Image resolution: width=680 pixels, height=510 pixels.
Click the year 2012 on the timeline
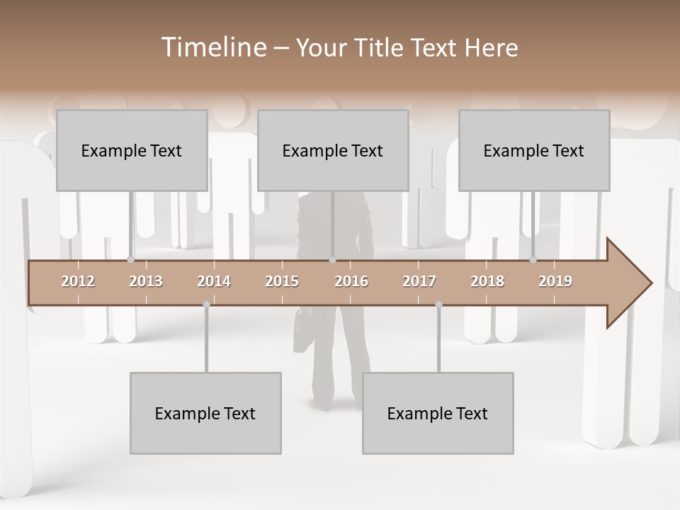78,281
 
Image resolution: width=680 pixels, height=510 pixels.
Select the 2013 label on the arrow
146,281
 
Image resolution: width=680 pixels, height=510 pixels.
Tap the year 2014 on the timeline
214,281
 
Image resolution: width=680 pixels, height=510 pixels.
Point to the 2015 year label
282,281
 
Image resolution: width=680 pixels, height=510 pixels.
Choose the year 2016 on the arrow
351,281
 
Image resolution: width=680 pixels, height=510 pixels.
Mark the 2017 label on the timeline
419,281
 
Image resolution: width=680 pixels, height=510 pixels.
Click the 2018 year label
487,281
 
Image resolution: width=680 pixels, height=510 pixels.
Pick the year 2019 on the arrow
555,281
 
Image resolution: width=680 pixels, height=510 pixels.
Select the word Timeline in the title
212,47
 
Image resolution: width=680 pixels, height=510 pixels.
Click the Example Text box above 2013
132,150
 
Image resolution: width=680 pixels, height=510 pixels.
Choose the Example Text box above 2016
333,150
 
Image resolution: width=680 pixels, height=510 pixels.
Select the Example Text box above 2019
534,150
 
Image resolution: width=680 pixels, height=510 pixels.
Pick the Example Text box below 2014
205,413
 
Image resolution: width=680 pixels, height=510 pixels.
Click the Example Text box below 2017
438,413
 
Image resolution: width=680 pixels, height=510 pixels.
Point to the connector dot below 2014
206,305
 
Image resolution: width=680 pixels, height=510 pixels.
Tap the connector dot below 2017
438,305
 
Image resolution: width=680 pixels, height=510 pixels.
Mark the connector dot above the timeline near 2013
130,260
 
